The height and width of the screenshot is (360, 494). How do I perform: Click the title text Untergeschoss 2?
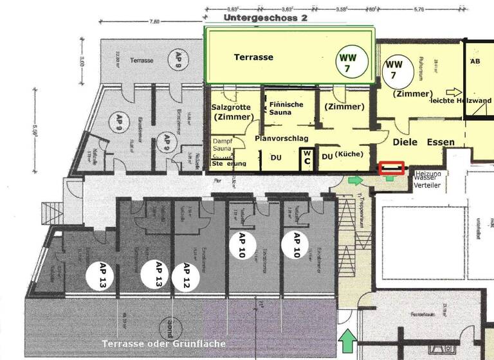click(266, 18)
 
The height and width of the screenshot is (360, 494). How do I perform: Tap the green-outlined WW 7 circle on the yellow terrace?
click(353, 62)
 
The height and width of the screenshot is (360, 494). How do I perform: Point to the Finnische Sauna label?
click(286, 107)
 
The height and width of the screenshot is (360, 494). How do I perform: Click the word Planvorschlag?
click(282, 138)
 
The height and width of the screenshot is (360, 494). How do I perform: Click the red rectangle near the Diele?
click(392, 168)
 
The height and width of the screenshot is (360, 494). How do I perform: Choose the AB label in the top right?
click(475, 62)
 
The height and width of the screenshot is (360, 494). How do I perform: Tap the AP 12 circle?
click(187, 276)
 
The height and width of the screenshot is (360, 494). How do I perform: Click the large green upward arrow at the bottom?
click(347, 341)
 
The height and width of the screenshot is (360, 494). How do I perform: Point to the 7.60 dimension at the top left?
click(154, 21)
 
